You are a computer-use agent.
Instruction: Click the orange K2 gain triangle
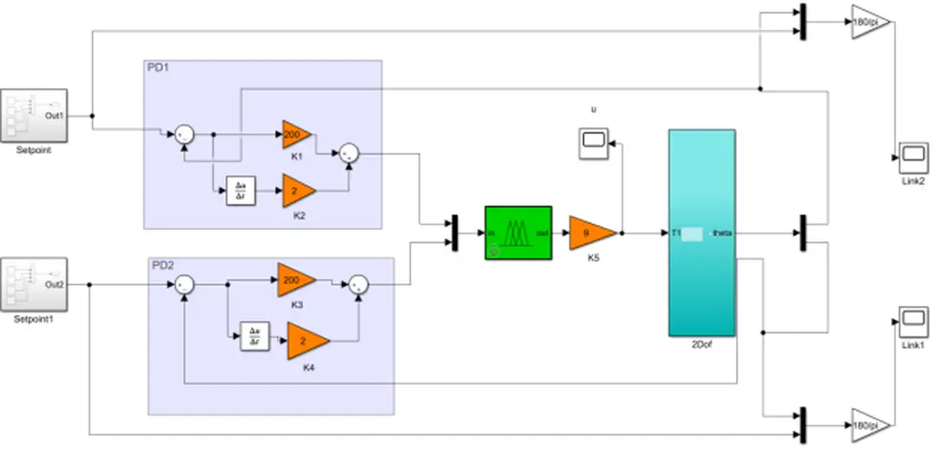pyautogui.click(x=298, y=190)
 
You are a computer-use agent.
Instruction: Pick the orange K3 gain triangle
pyautogui.click(x=295, y=280)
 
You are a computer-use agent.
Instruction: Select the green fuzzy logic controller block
pyautogui.click(x=518, y=232)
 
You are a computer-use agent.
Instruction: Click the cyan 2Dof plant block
pyautogui.click(x=701, y=232)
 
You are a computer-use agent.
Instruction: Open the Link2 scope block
pyautogui.click(x=912, y=157)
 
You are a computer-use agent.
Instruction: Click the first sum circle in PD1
pyautogui.click(x=184, y=134)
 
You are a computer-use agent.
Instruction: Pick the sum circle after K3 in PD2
pyautogui.click(x=358, y=284)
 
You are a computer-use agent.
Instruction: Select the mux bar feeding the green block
pyautogui.click(x=455, y=233)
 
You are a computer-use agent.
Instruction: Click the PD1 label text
pyautogui.click(x=159, y=67)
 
